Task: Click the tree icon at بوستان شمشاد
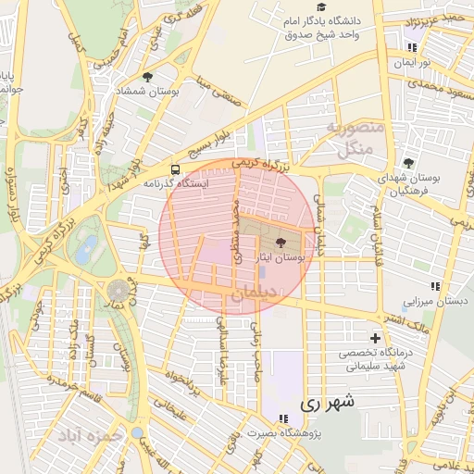[x=147, y=77]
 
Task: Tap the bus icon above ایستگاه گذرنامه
[x=175, y=169]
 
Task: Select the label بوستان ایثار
[x=281, y=262]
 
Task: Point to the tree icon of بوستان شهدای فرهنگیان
[x=408, y=162]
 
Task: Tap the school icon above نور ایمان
[x=412, y=47]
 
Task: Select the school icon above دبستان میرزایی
[x=435, y=286]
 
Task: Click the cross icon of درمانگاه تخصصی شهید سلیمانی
[x=375, y=338]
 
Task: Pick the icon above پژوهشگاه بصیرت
[x=283, y=418]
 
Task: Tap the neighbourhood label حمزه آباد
[x=89, y=434]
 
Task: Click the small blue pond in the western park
[x=88, y=247]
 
